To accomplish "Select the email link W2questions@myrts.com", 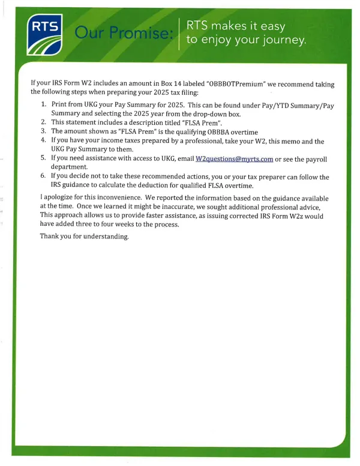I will coord(235,159).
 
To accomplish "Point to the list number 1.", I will coord(43,104).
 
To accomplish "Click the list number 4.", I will coord(43,141).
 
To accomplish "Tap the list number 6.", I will coord(43,177).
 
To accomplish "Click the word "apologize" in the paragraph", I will coord(60,197).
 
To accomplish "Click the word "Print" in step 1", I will coord(60,104).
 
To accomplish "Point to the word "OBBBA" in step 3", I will coord(208,132).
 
